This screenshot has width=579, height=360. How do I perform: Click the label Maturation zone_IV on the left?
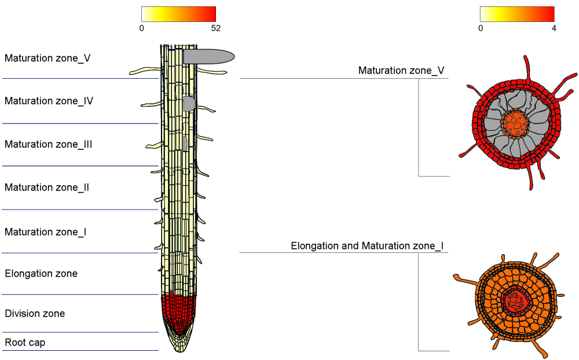pyautogui.click(x=49, y=101)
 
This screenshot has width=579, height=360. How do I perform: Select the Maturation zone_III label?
pyautogui.click(x=48, y=144)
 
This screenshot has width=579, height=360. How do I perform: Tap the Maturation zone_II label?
pyautogui.click(x=46, y=188)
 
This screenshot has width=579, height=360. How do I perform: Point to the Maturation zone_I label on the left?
pyautogui.click(x=45, y=232)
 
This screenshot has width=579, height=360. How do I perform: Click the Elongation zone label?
pyautogui.click(x=41, y=273)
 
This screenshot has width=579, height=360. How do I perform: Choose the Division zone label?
pyautogui.click(x=35, y=314)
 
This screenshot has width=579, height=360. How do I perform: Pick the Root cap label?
pyautogui.click(x=25, y=343)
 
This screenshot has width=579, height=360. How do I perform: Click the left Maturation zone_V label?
pyautogui.click(x=47, y=58)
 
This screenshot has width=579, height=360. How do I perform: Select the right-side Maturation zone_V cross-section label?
pyautogui.click(x=401, y=71)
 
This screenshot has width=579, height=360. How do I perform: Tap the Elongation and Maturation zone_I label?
pyautogui.click(x=367, y=246)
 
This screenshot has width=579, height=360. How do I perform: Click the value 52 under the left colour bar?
pyautogui.click(x=216, y=28)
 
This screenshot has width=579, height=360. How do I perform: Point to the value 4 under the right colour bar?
pyautogui.click(x=554, y=28)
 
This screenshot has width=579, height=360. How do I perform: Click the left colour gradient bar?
pyautogui.click(x=178, y=14)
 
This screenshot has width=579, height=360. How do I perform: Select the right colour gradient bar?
pyautogui.click(x=517, y=14)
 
